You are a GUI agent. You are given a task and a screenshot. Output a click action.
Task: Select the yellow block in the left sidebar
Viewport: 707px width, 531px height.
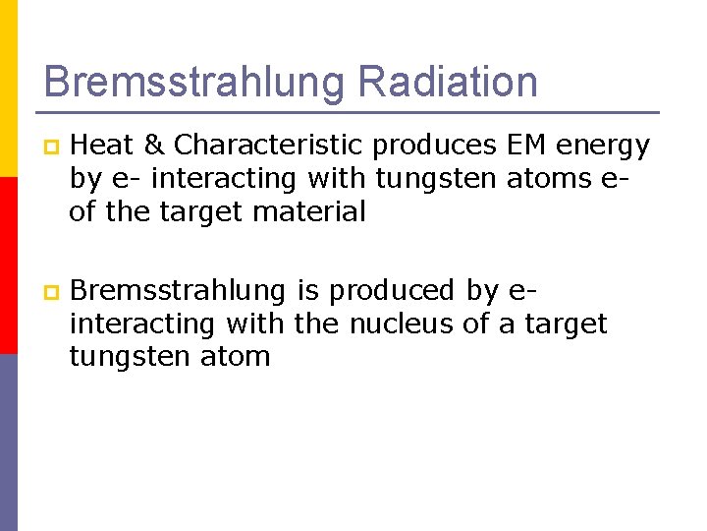pyautogui.click(x=8, y=88)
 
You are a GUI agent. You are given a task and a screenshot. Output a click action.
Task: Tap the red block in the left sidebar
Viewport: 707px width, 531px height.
pyautogui.click(x=8, y=265)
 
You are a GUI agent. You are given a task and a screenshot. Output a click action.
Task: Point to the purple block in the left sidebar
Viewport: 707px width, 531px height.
pyautogui.click(x=8, y=442)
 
